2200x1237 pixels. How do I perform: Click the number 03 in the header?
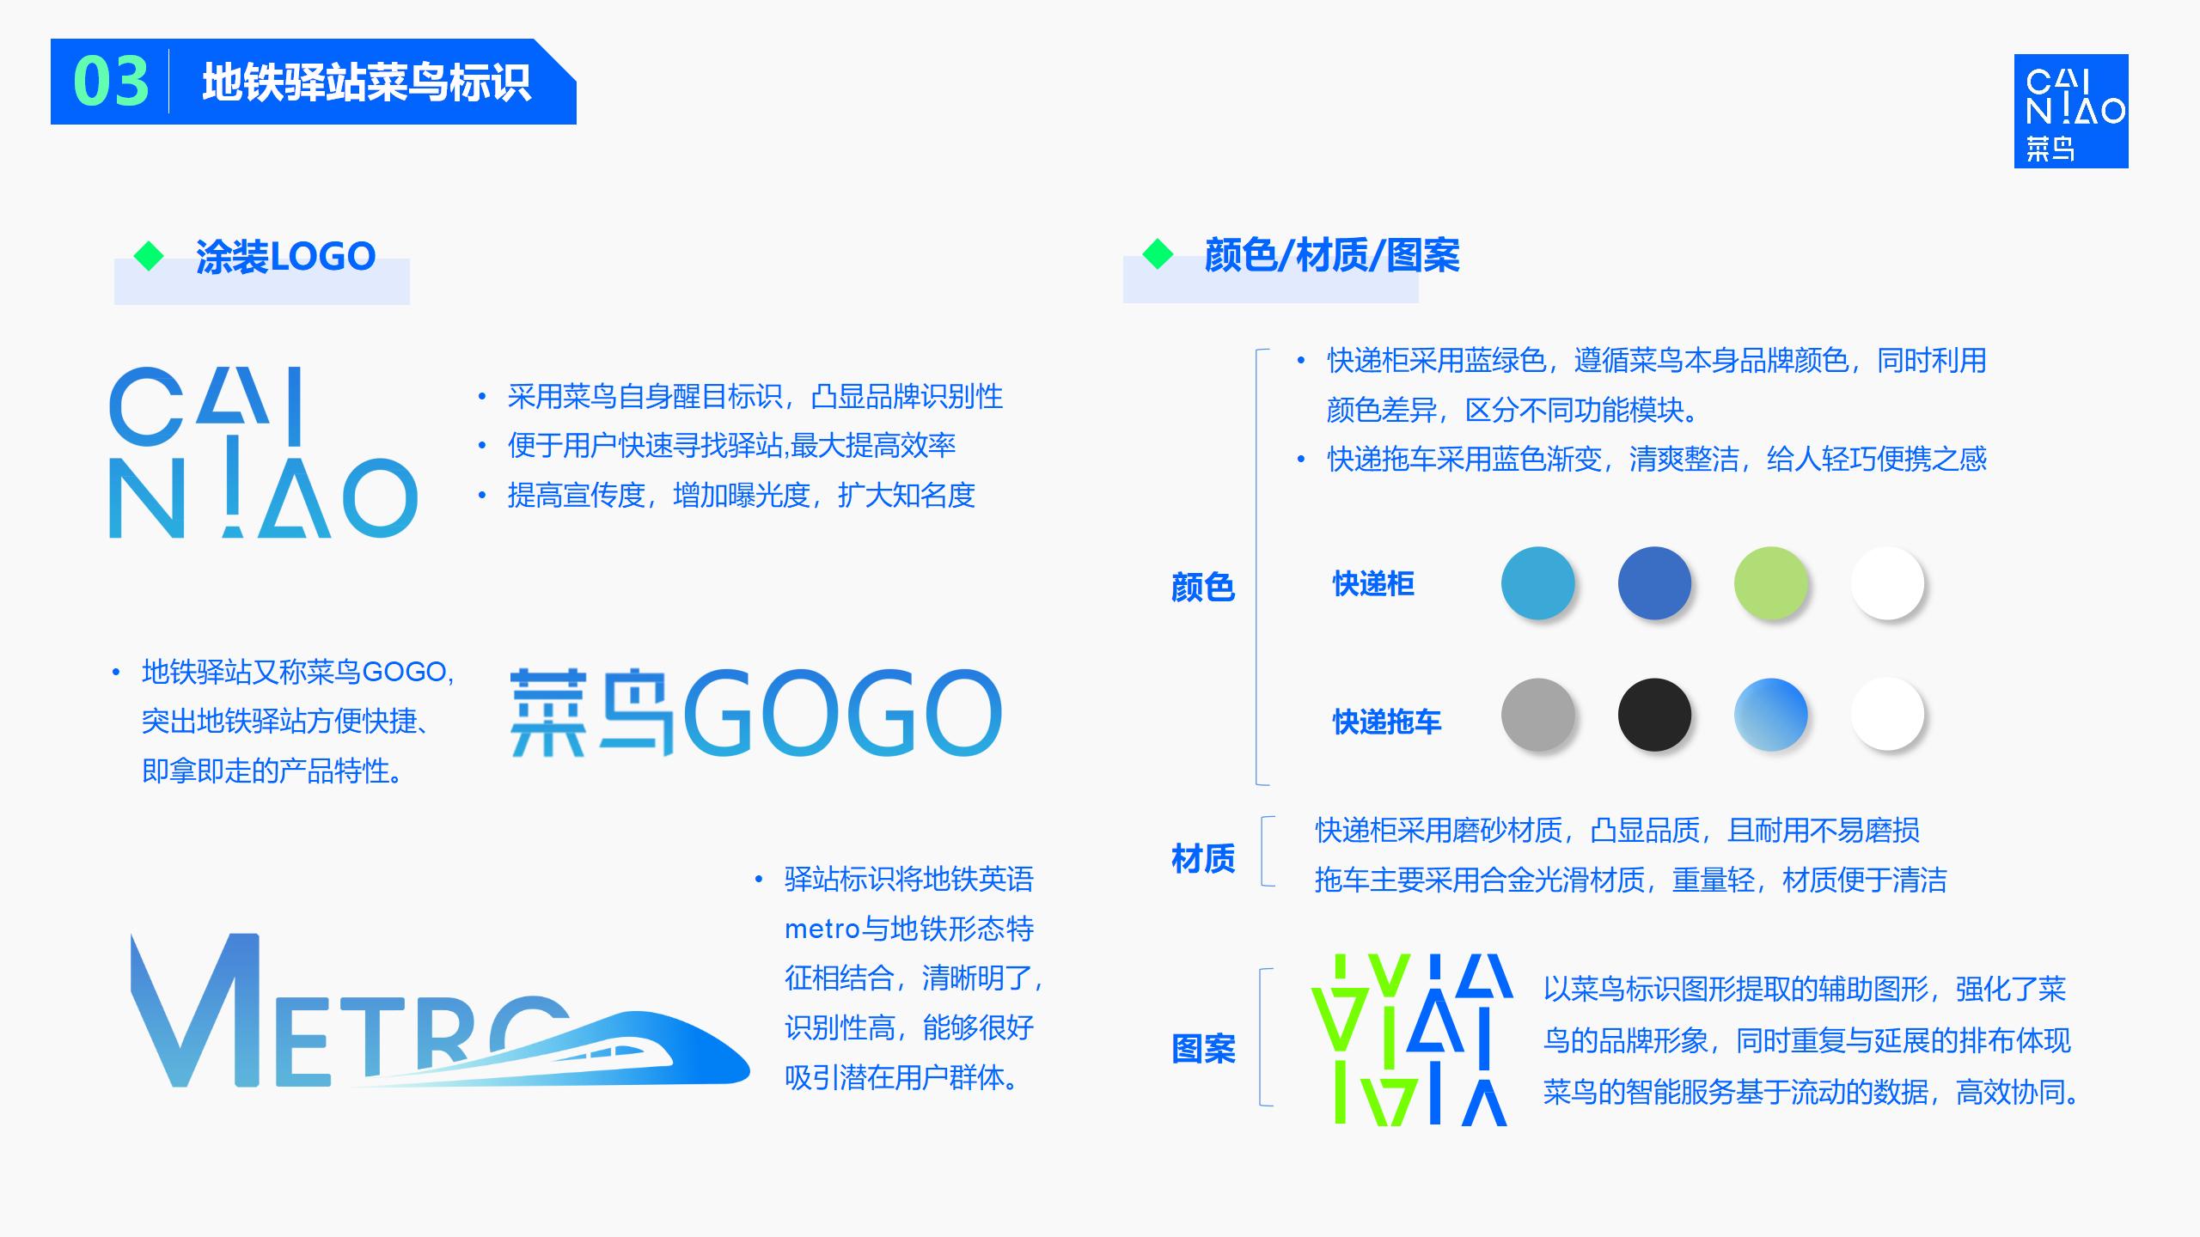coord(111,82)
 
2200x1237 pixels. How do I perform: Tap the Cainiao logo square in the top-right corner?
coord(2070,111)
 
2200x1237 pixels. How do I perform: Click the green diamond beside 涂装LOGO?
coord(150,256)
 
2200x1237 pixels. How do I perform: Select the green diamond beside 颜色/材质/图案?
coord(1158,254)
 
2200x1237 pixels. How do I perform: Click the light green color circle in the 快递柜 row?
coord(1770,583)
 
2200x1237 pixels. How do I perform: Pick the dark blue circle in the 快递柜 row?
coord(1654,583)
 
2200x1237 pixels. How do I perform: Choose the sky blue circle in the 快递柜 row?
coord(1537,583)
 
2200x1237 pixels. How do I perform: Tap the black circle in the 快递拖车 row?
coord(1654,715)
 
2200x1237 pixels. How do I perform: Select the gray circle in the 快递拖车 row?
coord(1537,715)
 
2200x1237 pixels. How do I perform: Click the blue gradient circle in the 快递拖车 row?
coord(1770,715)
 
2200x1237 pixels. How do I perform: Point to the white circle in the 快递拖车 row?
coord(1887,715)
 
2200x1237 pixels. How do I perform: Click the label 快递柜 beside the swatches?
coord(1372,584)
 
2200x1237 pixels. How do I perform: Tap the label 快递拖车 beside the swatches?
coord(1386,722)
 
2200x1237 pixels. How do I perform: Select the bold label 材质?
coord(1202,858)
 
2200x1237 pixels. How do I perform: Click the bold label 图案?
coord(1202,1049)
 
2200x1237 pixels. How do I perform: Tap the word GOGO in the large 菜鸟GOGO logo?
coord(842,714)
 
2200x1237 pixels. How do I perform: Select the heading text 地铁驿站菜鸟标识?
coord(366,83)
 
